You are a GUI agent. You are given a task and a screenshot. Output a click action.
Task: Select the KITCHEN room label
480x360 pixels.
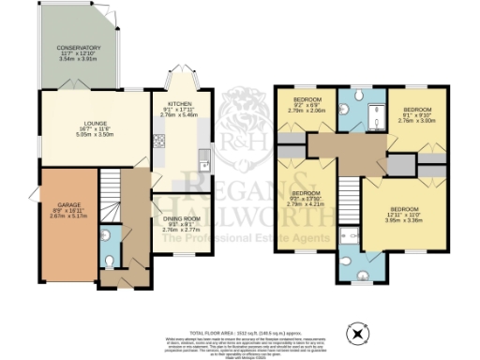pyautogui.click(x=180, y=103)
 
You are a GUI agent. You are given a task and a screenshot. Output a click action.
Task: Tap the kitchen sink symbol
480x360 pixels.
pyautogui.click(x=203, y=165)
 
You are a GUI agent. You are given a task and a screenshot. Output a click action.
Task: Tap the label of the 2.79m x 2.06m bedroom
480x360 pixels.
pyautogui.click(x=307, y=99)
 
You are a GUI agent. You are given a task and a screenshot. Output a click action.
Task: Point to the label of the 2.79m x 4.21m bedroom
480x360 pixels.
pyautogui.click(x=306, y=196)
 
